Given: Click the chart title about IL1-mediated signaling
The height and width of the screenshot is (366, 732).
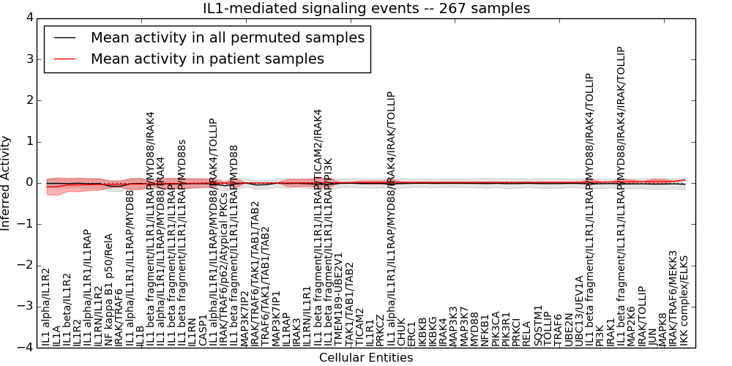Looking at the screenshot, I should tap(366, 8).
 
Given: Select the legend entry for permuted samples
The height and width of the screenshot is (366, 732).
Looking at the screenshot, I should tap(227, 37).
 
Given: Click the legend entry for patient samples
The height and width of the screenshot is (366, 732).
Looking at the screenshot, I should tap(207, 59).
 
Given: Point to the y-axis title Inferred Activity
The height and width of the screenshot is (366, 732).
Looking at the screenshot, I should tap(7, 182).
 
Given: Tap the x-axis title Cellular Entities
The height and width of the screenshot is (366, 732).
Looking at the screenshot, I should tap(366, 358).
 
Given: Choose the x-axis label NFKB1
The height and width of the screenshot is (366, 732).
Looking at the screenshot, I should tap(485, 329).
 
